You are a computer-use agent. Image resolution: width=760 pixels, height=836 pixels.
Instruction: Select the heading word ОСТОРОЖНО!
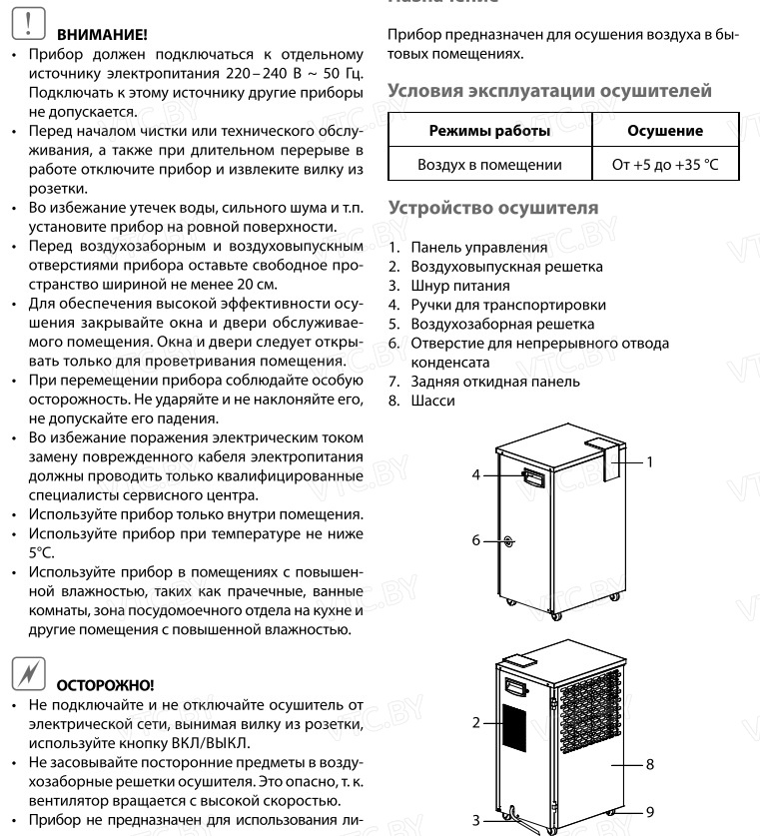pyautogui.click(x=106, y=686)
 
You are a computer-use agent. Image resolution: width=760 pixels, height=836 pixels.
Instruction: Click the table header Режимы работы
pyautogui.click(x=488, y=131)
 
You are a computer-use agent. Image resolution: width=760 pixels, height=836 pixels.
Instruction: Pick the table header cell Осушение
pyautogui.click(x=664, y=131)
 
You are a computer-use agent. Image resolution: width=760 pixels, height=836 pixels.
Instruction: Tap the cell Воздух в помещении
pyautogui.click(x=488, y=164)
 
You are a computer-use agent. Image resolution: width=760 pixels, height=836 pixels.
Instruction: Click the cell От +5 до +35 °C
pyautogui.click(x=664, y=164)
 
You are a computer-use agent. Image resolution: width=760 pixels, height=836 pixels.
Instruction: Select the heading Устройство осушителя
pyautogui.click(x=492, y=209)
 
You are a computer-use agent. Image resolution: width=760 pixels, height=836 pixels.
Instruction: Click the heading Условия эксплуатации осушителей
pyautogui.click(x=548, y=91)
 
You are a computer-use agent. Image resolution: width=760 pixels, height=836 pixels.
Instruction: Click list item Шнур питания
pyautogui.click(x=458, y=286)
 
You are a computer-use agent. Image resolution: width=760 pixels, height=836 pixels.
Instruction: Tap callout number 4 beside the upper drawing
pyautogui.click(x=476, y=475)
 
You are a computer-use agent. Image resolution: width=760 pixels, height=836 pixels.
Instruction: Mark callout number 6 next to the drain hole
pyautogui.click(x=476, y=540)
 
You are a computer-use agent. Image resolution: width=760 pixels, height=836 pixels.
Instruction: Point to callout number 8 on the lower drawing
pyautogui.click(x=649, y=764)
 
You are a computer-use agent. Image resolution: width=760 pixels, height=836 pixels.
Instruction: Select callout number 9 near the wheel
pyautogui.click(x=649, y=812)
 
